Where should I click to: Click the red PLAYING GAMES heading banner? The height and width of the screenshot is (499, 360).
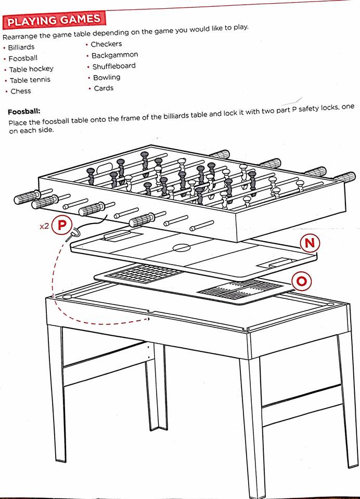click(x=54, y=20)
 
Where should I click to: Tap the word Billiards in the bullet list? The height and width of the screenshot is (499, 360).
click(x=21, y=47)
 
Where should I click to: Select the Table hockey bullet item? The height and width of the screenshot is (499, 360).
click(x=31, y=69)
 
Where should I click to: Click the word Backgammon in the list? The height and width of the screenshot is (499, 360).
click(x=114, y=55)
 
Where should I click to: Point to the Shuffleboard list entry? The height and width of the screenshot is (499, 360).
click(x=114, y=66)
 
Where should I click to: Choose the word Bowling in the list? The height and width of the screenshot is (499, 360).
click(x=107, y=77)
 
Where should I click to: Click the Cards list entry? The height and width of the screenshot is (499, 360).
click(x=104, y=88)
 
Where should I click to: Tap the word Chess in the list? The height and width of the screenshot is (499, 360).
click(x=21, y=91)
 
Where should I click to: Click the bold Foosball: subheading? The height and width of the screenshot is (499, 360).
click(x=24, y=112)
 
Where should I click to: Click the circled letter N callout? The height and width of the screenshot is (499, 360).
click(x=309, y=243)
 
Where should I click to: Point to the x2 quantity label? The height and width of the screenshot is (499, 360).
click(x=45, y=227)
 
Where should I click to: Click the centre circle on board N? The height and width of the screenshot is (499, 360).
click(x=181, y=248)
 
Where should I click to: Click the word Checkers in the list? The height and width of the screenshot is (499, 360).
click(x=106, y=44)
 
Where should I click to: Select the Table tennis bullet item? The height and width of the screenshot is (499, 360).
click(x=30, y=80)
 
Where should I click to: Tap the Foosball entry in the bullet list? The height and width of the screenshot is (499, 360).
click(x=23, y=58)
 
